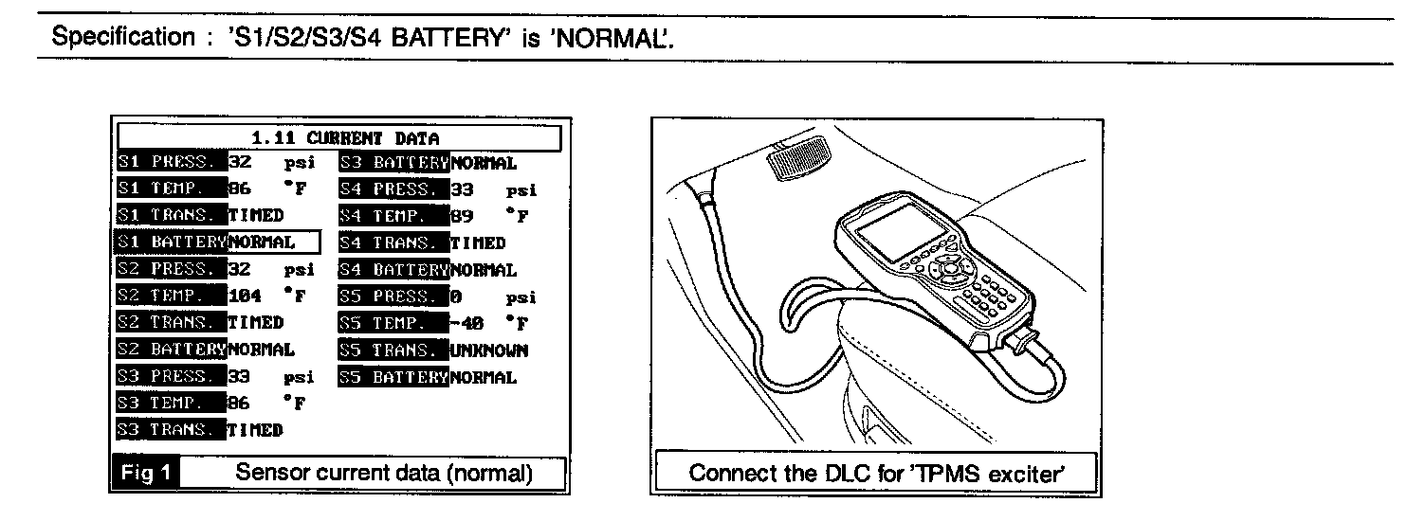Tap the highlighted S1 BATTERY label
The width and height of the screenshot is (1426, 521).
[170, 243]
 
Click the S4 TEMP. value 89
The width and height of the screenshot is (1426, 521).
[462, 216]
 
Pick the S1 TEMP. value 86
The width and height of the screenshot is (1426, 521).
[239, 189]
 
